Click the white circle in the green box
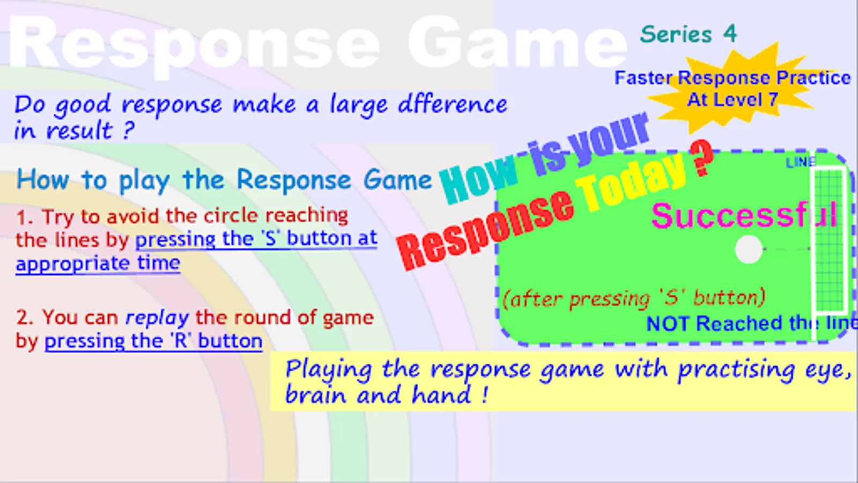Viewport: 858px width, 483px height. pyautogui.click(x=749, y=250)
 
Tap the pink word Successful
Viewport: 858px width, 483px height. pyautogui.click(x=744, y=216)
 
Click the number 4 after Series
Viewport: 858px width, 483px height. pyautogui.click(x=730, y=34)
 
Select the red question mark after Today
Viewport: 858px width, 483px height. pyautogui.click(x=701, y=158)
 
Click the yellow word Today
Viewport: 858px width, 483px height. pyautogui.click(x=632, y=180)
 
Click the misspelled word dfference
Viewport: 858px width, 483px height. pyautogui.click(x=453, y=104)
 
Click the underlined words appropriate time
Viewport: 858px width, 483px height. pyautogui.click(x=98, y=264)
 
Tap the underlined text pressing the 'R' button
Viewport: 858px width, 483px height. pyautogui.click(x=153, y=341)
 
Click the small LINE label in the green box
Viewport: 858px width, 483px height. pyautogui.click(x=801, y=163)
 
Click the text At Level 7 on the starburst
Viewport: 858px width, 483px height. pyautogui.click(x=733, y=100)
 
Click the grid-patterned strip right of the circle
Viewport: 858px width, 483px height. pyautogui.click(x=830, y=240)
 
